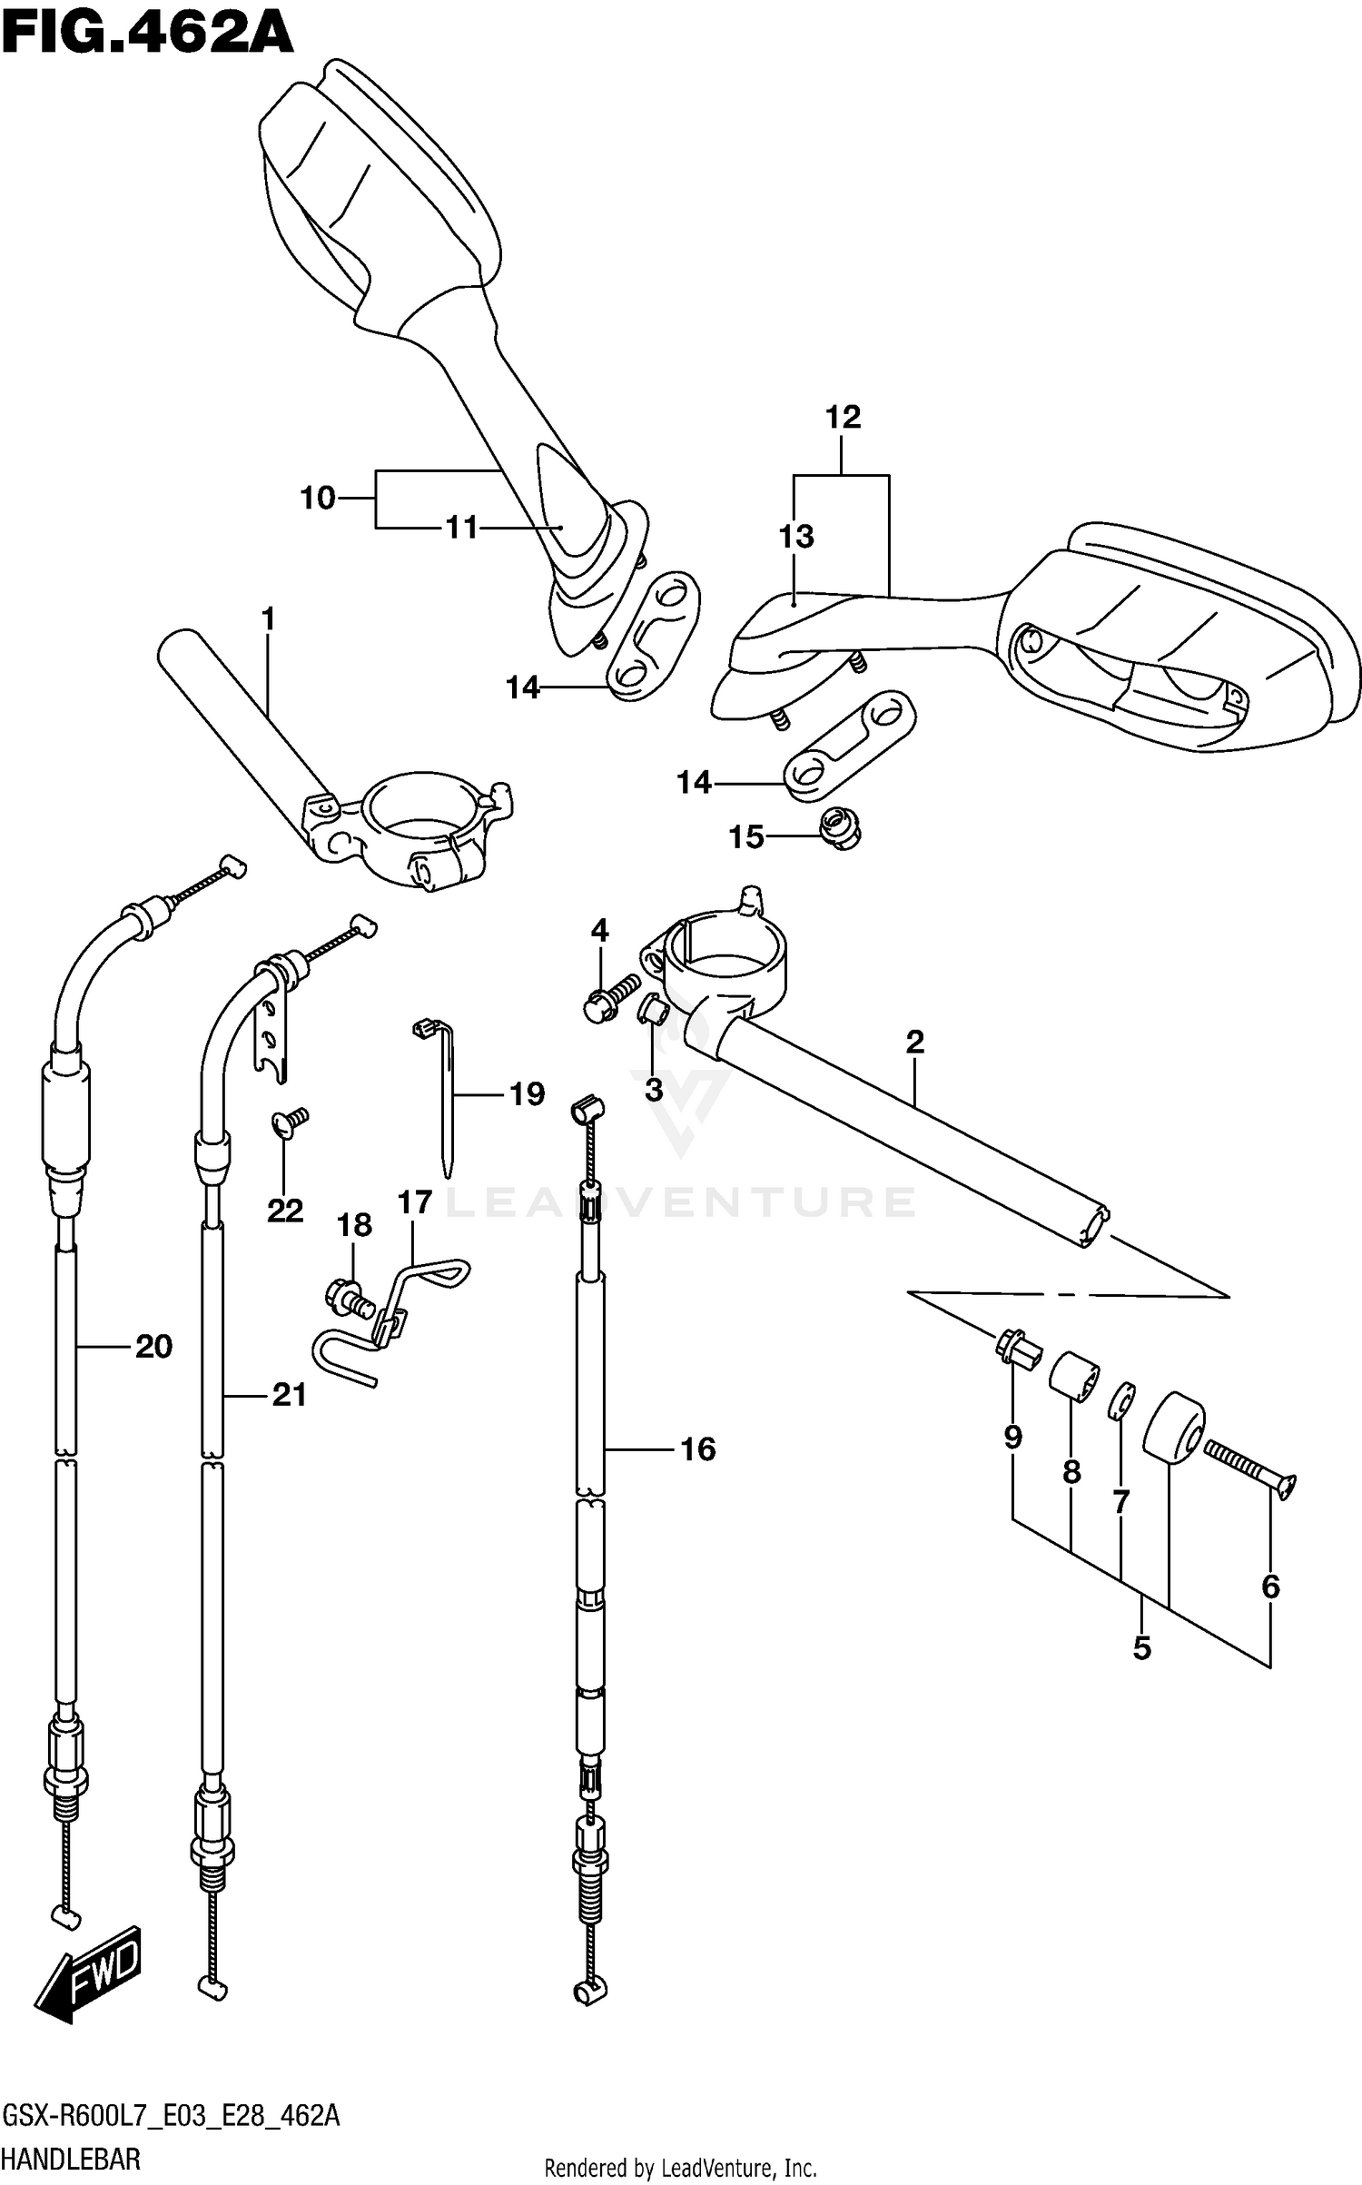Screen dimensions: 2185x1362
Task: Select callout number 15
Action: coord(746,837)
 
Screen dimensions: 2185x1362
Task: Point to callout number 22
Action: coord(284,1211)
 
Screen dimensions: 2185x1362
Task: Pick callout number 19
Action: coord(527,1094)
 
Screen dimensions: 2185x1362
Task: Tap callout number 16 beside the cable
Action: coord(697,1448)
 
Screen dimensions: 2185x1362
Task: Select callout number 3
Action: coord(654,1089)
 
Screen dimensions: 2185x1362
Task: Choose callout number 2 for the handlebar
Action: coord(914,1042)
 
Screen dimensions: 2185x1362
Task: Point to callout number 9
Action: coord(1013,1437)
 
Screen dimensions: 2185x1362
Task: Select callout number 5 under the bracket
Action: coord(1141,1648)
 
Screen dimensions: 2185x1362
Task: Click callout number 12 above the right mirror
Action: coord(843,418)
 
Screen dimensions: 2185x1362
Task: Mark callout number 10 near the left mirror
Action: coord(318,498)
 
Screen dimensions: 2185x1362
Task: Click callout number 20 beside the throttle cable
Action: coord(153,1346)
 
